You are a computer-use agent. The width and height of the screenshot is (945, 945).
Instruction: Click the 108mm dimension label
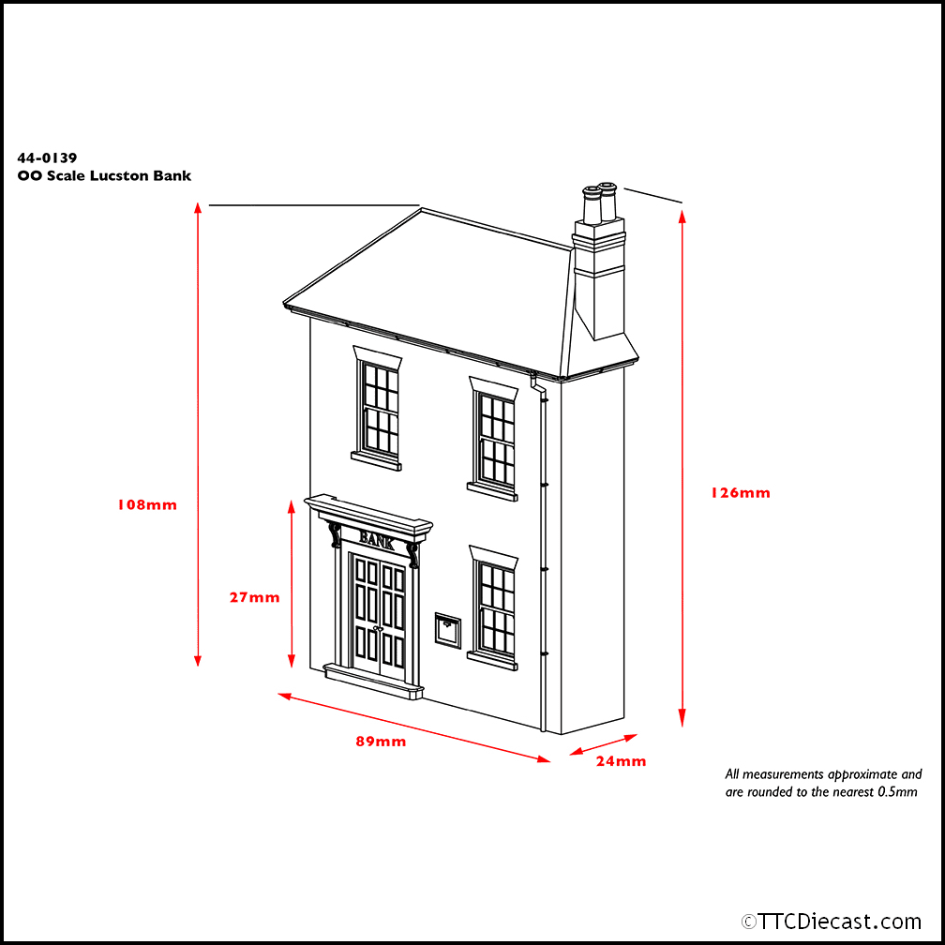(146, 504)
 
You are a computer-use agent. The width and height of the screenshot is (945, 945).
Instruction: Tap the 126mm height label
(741, 492)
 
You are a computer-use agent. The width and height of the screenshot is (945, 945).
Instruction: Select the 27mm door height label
(254, 597)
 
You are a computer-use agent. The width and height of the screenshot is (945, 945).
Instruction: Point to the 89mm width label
(381, 742)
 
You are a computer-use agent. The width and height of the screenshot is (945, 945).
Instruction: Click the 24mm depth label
(621, 761)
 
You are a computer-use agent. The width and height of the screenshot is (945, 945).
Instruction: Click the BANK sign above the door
(376, 540)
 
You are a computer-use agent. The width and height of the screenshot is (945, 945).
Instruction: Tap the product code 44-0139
(47, 158)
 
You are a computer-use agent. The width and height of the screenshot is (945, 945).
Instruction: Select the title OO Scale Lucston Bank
(104, 176)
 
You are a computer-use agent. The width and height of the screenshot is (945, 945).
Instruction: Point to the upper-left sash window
(380, 409)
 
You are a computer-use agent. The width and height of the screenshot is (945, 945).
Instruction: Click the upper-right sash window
(494, 440)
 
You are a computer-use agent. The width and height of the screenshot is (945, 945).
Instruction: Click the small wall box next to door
(447, 630)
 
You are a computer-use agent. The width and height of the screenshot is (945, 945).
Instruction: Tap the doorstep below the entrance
(373, 682)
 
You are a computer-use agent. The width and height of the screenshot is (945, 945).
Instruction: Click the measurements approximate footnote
(822, 783)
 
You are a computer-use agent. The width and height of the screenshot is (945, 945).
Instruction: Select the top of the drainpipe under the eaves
(539, 383)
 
